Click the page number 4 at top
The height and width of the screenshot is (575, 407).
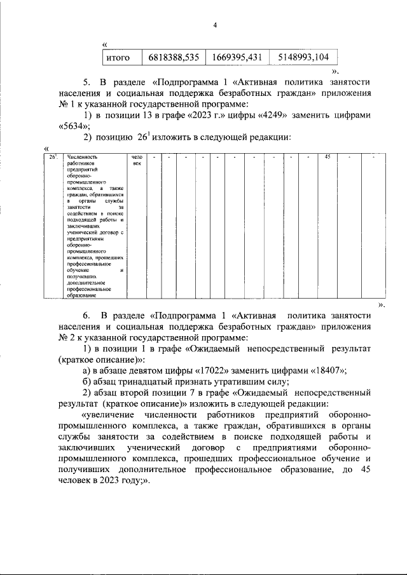point(215,25)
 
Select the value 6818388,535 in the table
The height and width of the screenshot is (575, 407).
point(174,57)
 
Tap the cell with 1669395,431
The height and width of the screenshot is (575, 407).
point(237,57)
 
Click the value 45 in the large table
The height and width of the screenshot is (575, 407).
point(327,157)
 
